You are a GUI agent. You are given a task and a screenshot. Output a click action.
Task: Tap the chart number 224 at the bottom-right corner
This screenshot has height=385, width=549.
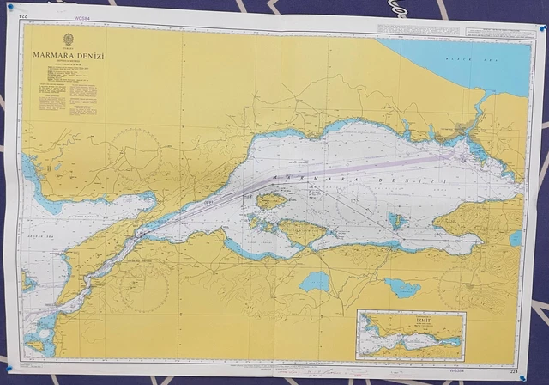click(x=514, y=372)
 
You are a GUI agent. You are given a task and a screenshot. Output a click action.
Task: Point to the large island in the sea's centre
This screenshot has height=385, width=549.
click(x=271, y=201)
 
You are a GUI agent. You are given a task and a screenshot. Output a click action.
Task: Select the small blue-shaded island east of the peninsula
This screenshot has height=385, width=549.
click(x=395, y=220)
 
